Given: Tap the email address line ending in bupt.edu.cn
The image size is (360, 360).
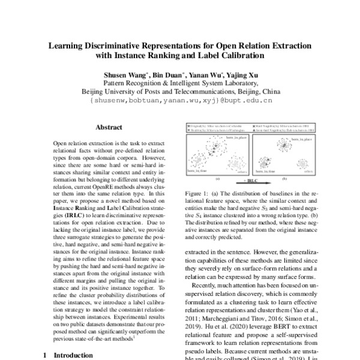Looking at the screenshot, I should pos(180,101).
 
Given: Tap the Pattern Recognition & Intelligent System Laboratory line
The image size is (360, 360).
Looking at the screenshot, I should pos(180,83).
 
